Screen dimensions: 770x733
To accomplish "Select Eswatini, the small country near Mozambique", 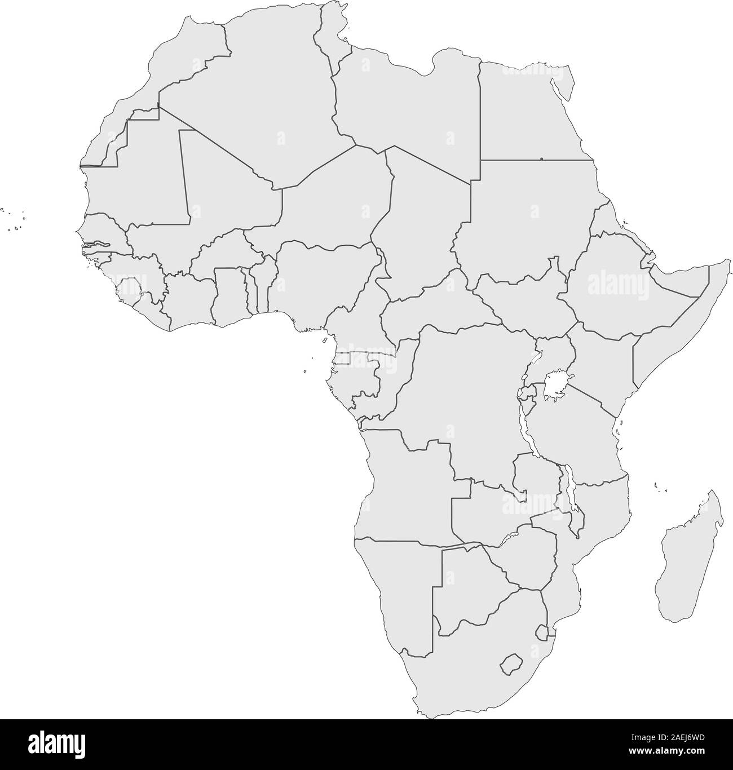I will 542,631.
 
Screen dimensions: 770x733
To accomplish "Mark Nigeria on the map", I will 321,282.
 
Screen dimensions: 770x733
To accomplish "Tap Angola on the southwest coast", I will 406,485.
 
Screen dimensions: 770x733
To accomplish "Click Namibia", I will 395,586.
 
